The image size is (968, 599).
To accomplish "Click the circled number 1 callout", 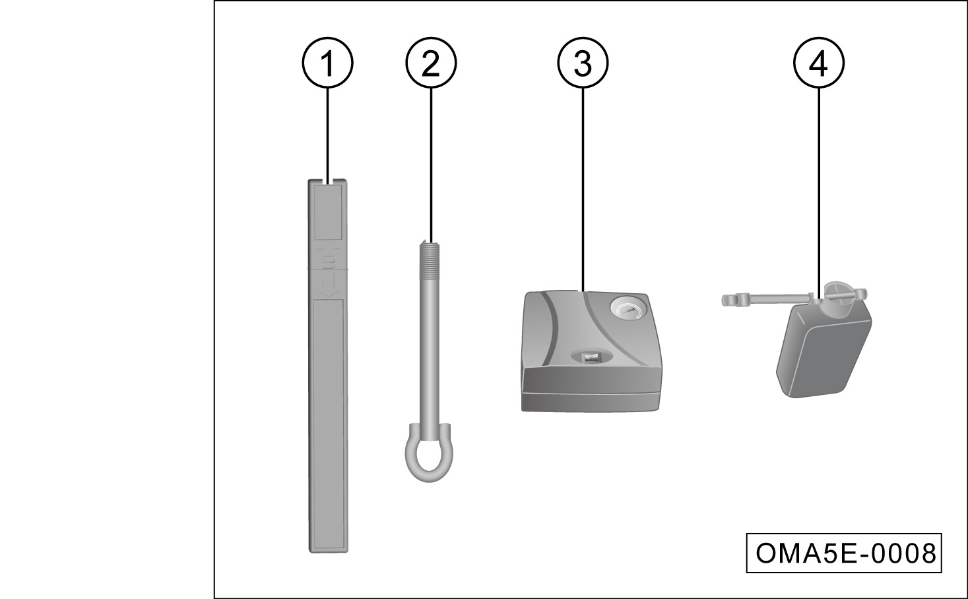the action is [327, 63].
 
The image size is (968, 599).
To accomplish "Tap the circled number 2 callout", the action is [431, 63].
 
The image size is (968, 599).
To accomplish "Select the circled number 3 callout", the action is [583, 63].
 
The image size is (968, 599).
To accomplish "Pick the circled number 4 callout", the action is [818, 63].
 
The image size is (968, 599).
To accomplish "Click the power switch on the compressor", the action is [591, 357].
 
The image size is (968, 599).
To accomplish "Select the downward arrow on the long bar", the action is [327, 284].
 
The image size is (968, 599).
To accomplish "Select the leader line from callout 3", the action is [583, 190].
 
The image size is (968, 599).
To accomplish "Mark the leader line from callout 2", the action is [431, 165].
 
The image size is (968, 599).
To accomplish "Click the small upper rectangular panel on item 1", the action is [328, 212].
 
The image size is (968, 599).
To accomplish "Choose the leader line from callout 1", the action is [327, 136].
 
